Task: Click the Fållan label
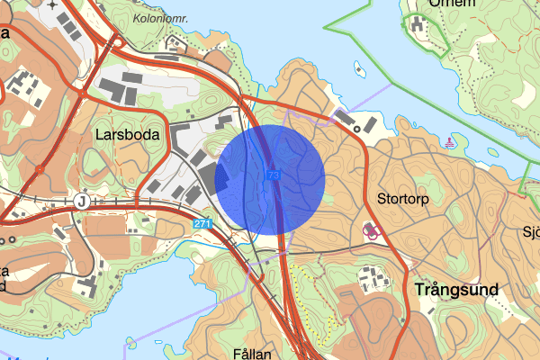251,353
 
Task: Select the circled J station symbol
83,200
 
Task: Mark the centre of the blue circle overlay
270,180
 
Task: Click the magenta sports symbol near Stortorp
370,229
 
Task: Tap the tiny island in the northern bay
359,67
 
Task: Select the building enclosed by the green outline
418,24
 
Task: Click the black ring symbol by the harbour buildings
358,129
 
